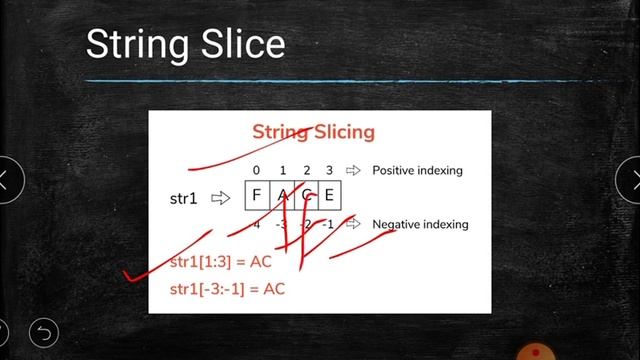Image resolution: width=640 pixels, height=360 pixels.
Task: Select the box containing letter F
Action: click(x=257, y=196)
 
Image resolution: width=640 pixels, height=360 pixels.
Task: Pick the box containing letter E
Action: click(x=329, y=196)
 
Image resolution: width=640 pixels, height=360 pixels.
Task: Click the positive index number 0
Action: click(x=257, y=170)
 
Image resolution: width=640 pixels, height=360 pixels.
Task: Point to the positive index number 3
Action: click(x=329, y=170)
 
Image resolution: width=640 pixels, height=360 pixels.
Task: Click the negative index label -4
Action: click(x=256, y=224)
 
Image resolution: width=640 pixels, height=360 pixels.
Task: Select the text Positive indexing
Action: click(x=417, y=170)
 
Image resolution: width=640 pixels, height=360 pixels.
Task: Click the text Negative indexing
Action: click(x=420, y=224)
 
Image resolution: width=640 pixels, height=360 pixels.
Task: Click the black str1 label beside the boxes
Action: click(x=186, y=198)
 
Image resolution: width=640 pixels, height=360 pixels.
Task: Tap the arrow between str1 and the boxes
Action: click(x=220, y=198)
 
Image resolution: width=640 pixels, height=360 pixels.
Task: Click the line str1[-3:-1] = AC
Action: click(x=227, y=289)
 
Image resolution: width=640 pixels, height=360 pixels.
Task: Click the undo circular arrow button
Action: click(x=44, y=330)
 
